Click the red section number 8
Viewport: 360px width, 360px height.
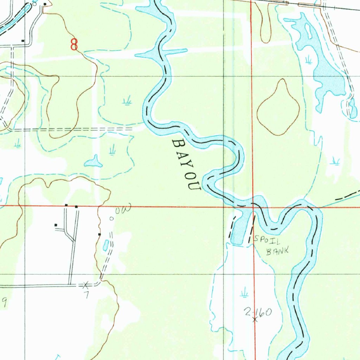74,44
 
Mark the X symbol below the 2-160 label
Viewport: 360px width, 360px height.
255,320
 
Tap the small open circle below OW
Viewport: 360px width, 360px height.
111,219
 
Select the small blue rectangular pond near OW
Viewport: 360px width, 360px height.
105,245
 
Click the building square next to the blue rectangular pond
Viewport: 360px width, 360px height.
99,234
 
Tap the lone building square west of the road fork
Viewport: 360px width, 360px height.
56,225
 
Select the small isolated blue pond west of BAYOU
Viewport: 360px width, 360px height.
94,162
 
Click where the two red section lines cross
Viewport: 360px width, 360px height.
253,207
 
